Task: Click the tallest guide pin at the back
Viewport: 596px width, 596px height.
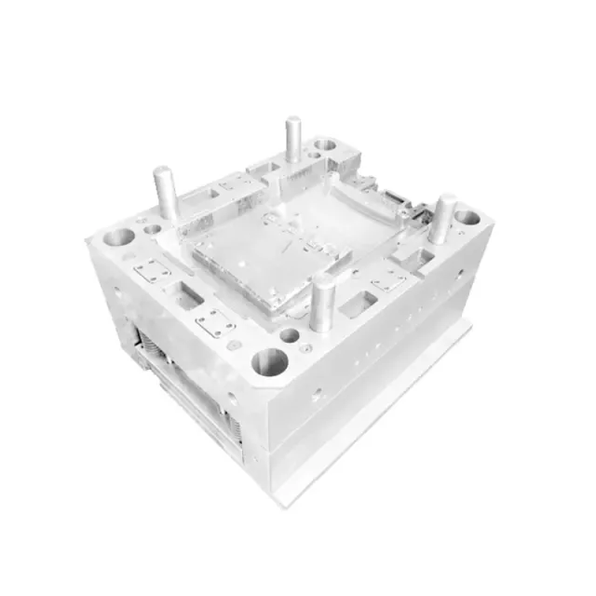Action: click(293, 138)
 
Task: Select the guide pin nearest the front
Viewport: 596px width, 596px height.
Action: click(323, 305)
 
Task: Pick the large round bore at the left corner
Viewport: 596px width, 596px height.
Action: click(118, 237)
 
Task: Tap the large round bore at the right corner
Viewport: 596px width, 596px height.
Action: click(467, 218)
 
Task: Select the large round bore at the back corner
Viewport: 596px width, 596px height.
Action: click(325, 145)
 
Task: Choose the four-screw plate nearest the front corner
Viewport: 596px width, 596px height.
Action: click(215, 322)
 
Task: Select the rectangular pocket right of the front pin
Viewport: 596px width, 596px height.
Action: click(358, 302)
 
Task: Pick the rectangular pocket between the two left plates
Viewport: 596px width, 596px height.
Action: click(187, 297)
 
